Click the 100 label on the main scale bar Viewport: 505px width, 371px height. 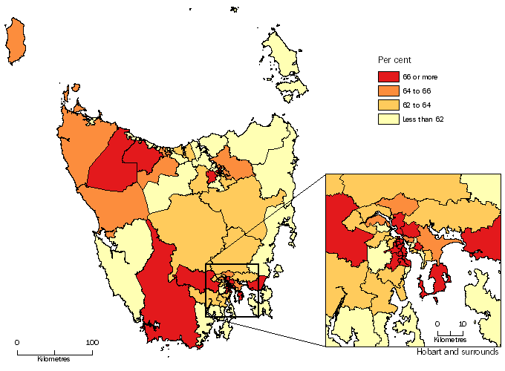pos(91,343)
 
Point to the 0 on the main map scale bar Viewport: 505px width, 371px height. pos(17,343)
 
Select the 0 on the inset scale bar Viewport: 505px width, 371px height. pos(438,324)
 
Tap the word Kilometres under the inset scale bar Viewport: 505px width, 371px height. pos(451,340)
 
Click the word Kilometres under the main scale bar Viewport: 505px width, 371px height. pos(53,359)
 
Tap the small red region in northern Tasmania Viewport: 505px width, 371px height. pos(212,177)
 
